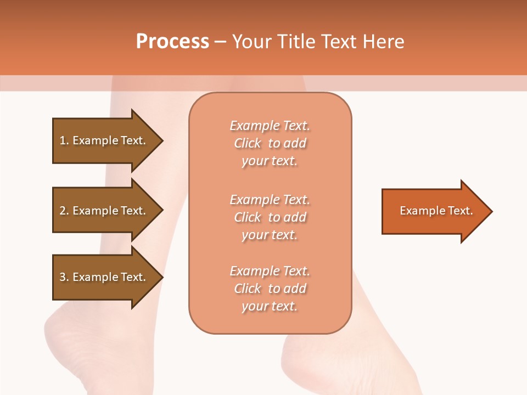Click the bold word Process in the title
pyautogui.click(x=172, y=42)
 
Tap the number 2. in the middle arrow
pyautogui.click(x=64, y=211)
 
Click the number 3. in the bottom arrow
pyautogui.click(x=64, y=277)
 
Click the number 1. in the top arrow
pyautogui.click(x=64, y=140)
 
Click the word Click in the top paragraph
pyautogui.click(x=248, y=144)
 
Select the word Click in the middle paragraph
pyautogui.click(x=248, y=217)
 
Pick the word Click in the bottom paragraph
pyautogui.click(x=248, y=289)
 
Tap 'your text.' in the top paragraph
pyautogui.click(x=270, y=161)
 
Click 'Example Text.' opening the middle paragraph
pyautogui.click(x=270, y=200)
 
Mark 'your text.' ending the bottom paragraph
pyautogui.click(x=270, y=306)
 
